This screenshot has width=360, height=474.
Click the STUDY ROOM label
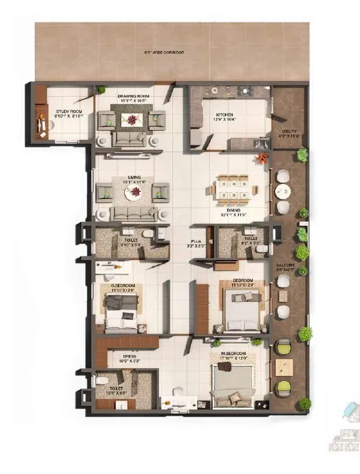point(61,93)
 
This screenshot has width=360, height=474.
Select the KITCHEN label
point(224,115)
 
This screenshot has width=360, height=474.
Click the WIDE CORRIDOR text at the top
point(164,53)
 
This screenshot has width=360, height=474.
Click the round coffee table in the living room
point(133,193)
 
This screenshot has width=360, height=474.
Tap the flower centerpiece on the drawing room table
point(132,119)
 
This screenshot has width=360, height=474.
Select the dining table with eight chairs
point(233,189)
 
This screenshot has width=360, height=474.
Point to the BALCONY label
point(285,266)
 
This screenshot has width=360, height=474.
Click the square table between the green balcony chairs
point(284,366)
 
